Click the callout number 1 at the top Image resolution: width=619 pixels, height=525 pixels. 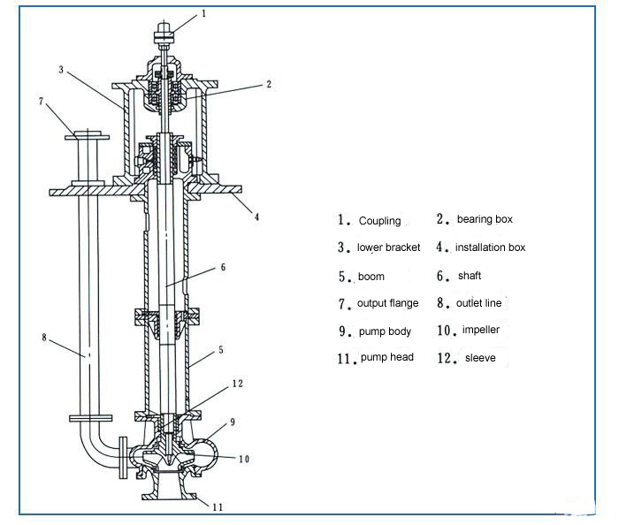(x=204, y=13)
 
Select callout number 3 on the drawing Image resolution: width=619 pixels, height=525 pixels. (x=62, y=69)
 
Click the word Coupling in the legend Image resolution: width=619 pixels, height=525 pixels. (x=379, y=221)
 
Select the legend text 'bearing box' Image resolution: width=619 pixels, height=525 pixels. (x=485, y=219)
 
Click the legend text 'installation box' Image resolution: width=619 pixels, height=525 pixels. (x=490, y=247)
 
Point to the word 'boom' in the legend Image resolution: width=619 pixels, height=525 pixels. (x=371, y=277)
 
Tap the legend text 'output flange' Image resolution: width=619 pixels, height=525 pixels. (x=387, y=304)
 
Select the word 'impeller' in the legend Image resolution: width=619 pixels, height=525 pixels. (x=481, y=331)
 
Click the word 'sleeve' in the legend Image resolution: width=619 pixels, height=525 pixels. (x=480, y=358)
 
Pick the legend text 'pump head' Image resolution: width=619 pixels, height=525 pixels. (x=386, y=358)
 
